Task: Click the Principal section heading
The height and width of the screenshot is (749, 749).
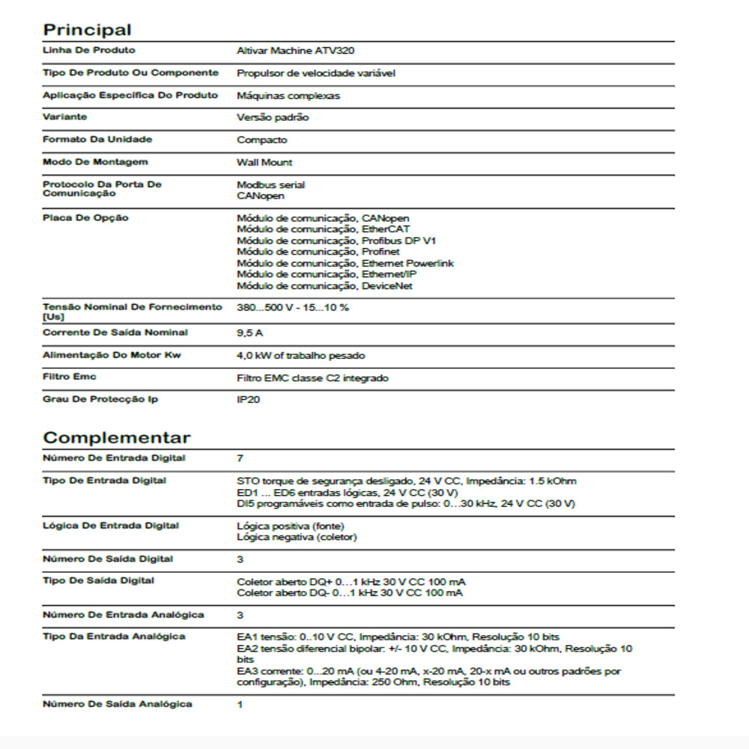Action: coord(87,30)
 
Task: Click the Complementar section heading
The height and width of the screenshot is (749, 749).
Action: coord(117,437)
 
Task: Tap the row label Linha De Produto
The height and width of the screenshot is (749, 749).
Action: coord(89,50)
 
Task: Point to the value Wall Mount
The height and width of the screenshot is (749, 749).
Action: coord(264,163)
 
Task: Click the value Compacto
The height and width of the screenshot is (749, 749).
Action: coord(261,140)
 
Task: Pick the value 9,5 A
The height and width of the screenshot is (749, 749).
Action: coord(249,333)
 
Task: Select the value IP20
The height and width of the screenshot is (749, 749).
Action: coord(247,401)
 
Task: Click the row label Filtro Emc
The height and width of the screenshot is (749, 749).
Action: coord(70,377)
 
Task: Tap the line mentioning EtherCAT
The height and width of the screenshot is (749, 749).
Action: coord(323,229)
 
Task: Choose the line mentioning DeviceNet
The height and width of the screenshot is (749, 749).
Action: coord(324,285)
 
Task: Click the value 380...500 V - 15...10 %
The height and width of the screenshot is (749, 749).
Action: coord(293,308)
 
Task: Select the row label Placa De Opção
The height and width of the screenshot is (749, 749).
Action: coord(85,218)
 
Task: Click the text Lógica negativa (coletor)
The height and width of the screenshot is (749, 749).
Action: coord(297,537)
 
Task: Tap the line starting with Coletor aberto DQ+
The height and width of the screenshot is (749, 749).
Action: coord(352,582)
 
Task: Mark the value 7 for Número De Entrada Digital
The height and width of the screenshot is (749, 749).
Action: coord(240,458)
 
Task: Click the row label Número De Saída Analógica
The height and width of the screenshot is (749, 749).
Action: coord(117,704)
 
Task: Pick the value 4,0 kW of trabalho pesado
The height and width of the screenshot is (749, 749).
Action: coord(301,356)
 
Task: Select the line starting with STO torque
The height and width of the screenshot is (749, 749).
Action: coord(406,481)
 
